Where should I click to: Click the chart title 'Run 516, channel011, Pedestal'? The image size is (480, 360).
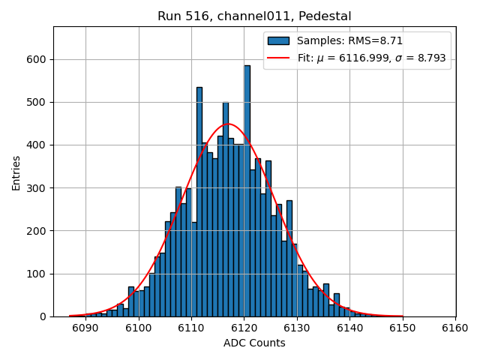[254, 16]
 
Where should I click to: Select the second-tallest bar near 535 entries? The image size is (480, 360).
[199, 202]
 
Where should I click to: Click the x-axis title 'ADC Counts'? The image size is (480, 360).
[254, 343]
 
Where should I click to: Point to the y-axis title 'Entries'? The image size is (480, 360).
[16, 172]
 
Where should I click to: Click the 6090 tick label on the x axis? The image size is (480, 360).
[85, 328]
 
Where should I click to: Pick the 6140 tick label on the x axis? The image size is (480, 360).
[349, 328]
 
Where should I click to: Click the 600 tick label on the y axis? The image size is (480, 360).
[36, 59]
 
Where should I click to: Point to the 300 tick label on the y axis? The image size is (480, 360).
[36, 188]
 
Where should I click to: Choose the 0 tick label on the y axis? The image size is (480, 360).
[43, 316]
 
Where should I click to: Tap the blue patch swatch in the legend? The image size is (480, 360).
[278, 40]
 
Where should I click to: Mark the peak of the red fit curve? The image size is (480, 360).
[228, 124]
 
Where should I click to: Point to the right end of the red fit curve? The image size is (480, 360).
[403, 316]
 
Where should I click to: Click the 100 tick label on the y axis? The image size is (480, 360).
[36, 274]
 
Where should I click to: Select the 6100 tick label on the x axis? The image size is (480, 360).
[138, 328]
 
